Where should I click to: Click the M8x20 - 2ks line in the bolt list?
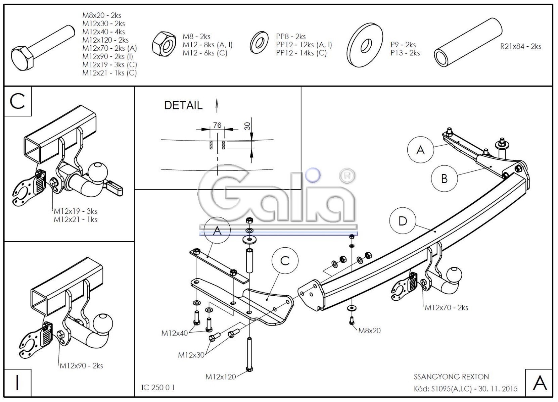point(102,15)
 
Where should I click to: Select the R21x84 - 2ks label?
point(521,47)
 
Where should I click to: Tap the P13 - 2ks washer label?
point(405,53)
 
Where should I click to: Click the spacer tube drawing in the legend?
point(468,42)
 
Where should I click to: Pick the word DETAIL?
point(183,105)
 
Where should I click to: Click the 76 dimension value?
point(217,125)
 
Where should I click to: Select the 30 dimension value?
point(247,126)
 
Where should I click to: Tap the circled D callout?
point(403,221)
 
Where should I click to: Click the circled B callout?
point(445,178)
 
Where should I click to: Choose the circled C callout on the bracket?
point(285,261)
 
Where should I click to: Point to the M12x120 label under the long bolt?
point(221,377)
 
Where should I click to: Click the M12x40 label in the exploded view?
point(174,333)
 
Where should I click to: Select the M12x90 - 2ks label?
point(81,366)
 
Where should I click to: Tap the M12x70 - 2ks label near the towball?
point(446,308)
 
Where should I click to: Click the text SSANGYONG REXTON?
point(451,377)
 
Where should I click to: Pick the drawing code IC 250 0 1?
point(158,388)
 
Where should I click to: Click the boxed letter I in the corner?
point(17,383)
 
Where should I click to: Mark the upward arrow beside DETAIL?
point(217,106)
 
